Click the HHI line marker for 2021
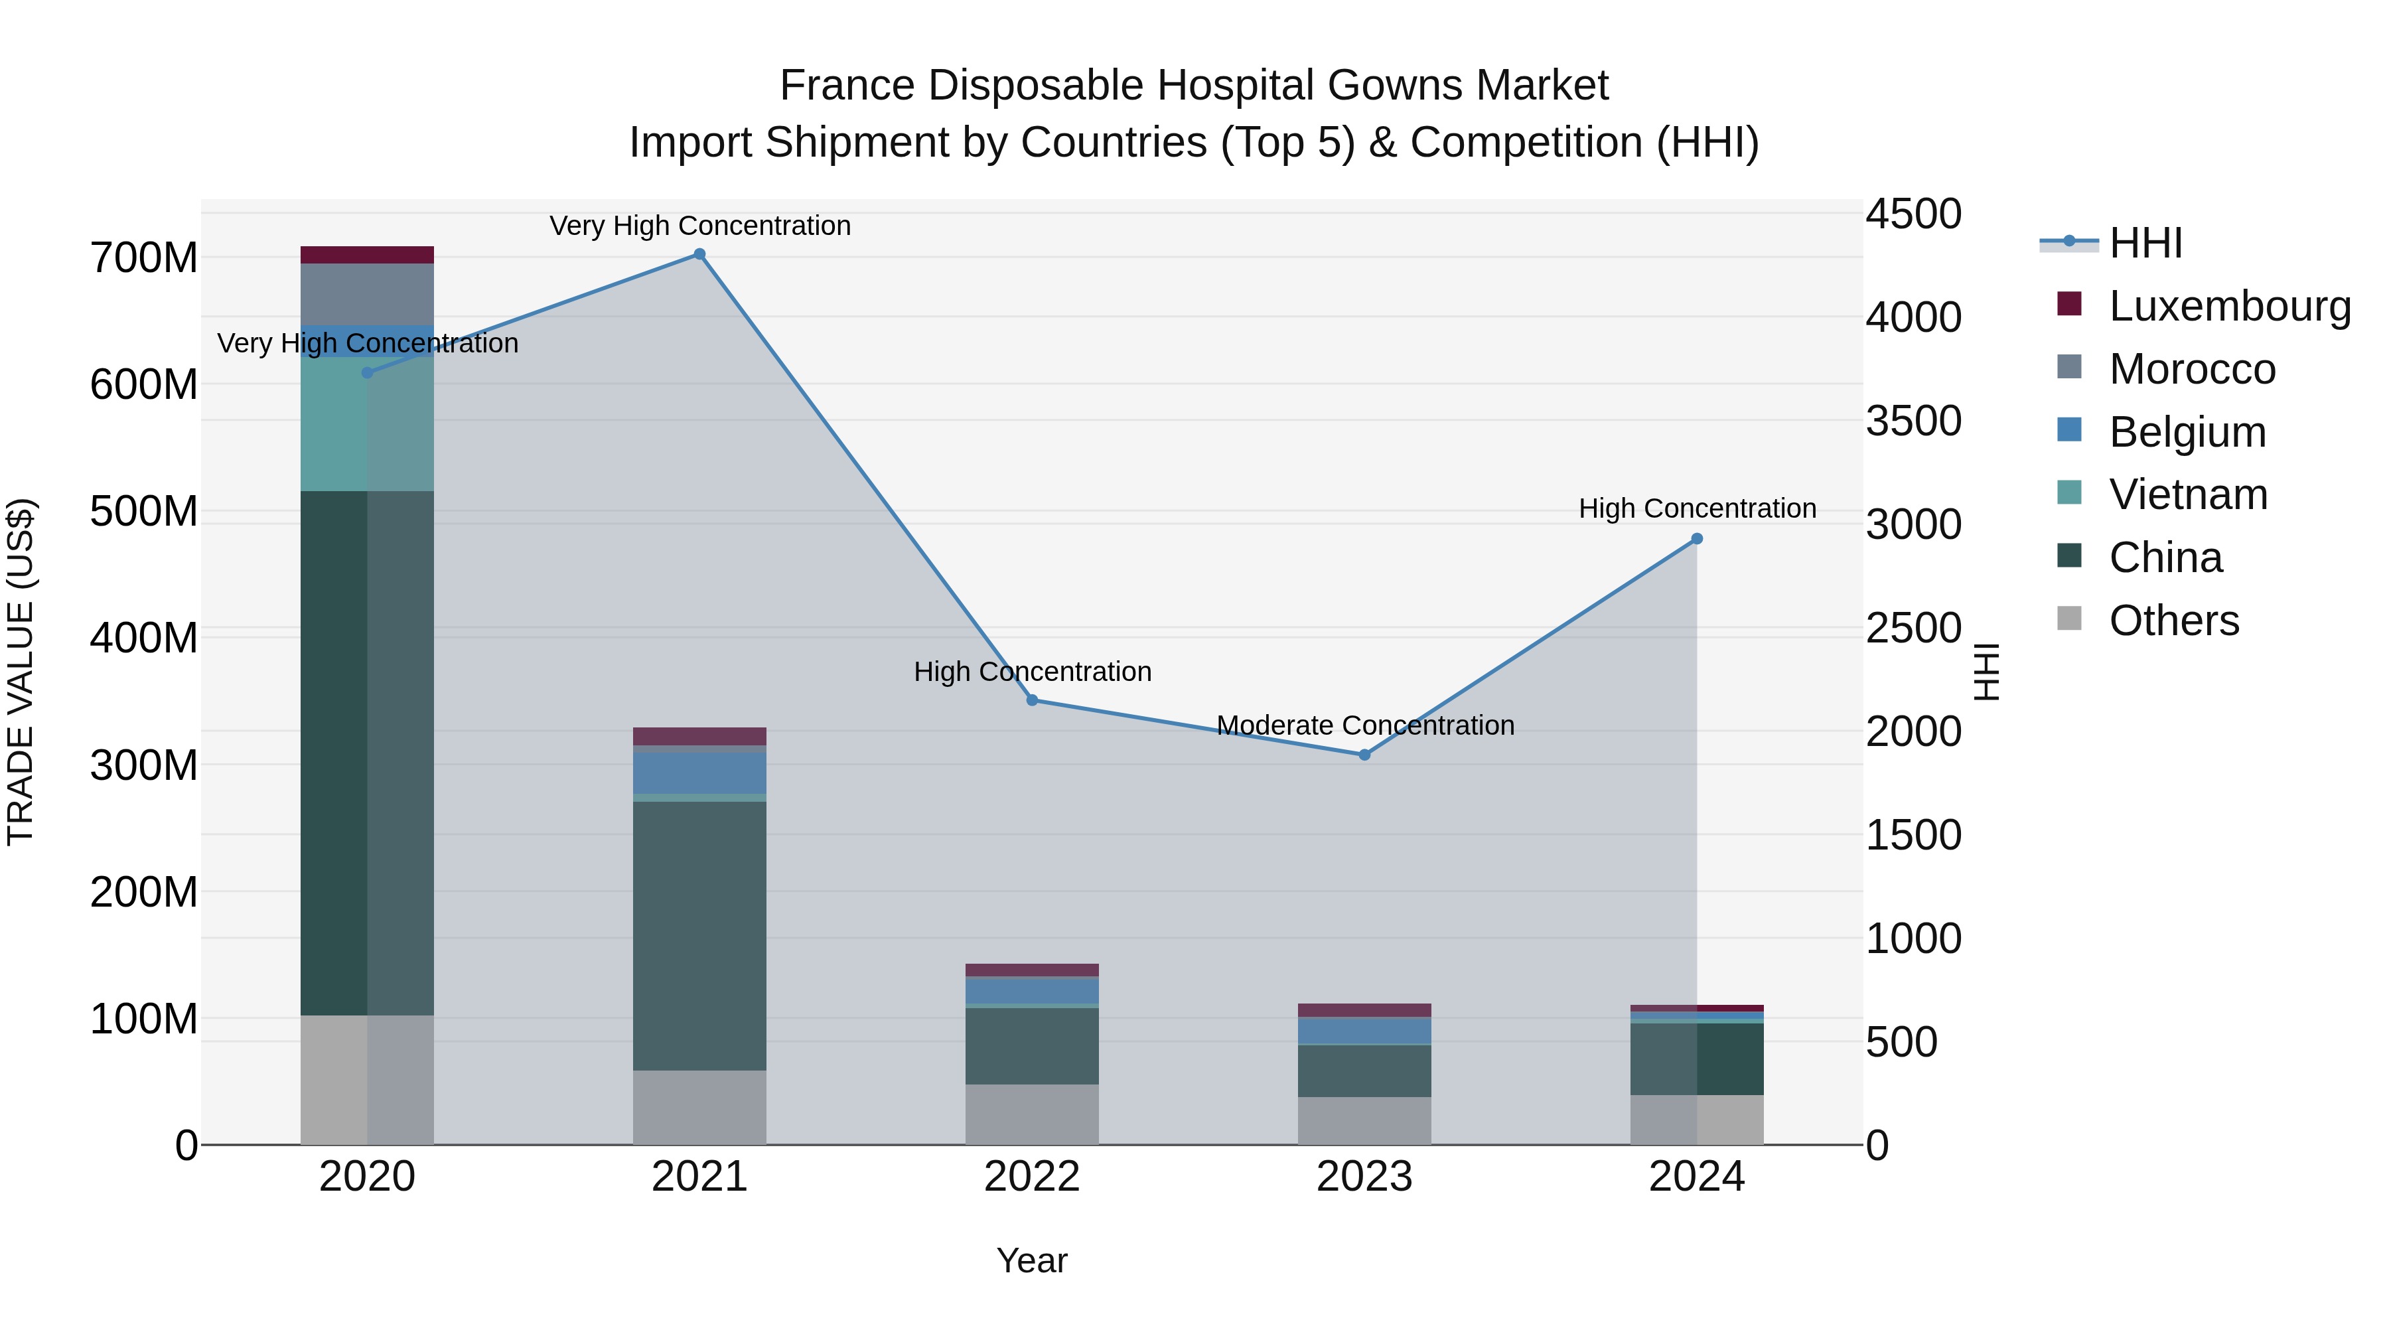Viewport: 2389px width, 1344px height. (699, 254)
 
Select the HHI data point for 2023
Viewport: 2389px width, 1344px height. (1364, 755)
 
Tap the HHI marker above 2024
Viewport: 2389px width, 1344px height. (1696, 539)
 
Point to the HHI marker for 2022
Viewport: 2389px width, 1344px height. (1032, 700)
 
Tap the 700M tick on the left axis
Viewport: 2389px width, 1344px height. (144, 258)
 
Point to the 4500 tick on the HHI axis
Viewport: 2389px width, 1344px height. (1913, 214)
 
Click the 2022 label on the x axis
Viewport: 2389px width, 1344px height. (1032, 1177)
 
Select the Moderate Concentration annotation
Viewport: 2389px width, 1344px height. (1365, 725)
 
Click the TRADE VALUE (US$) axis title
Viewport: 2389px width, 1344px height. (21, 672)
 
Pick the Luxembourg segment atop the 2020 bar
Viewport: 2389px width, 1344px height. (367, 255)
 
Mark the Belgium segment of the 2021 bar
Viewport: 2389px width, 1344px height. (699, 772)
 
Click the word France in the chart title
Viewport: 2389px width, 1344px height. (847, 86)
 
